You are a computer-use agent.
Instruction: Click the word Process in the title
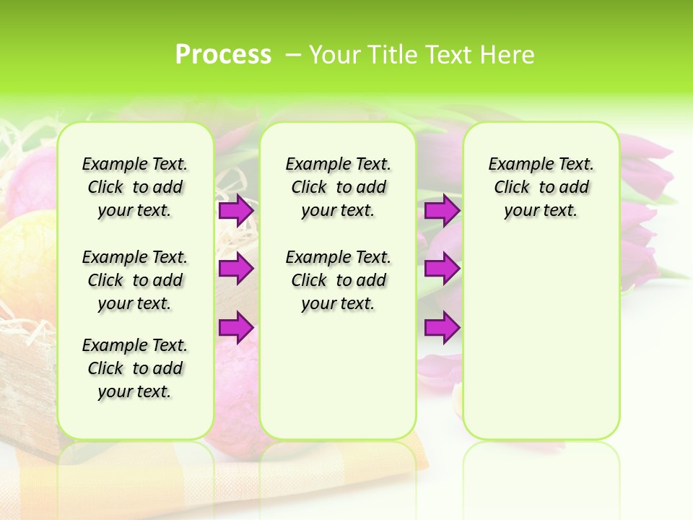(223, 55)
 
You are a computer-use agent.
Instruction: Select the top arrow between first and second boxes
(235, 210)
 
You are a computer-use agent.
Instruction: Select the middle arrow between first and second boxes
(235, 269)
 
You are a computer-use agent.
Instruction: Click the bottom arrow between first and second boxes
(235, 328)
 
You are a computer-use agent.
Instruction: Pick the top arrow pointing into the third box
(442, 210)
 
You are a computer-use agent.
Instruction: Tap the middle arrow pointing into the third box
(442, 269)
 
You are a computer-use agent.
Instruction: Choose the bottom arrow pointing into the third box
(442, 328)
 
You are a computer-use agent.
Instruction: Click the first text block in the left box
(135, 187)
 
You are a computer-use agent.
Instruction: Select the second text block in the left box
(135, 280)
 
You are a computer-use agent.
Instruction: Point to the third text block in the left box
(135, 368)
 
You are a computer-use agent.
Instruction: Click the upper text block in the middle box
(338, 187)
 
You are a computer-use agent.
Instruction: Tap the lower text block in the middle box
(338, 280)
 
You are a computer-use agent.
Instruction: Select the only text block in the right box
(541, 187)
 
